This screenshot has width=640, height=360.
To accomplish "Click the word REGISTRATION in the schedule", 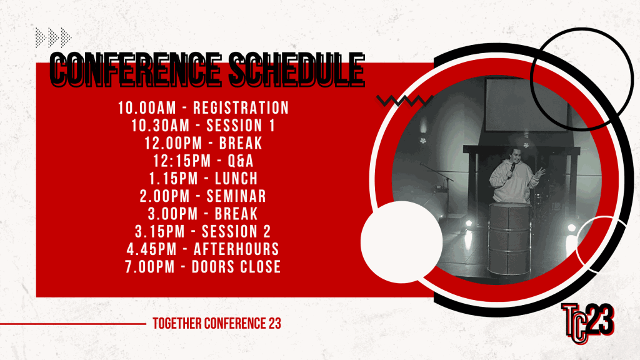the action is click(x=241, y=108).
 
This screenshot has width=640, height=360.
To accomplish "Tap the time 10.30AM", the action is click(x=161, y=126).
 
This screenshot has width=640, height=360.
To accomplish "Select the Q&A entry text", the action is click(x=241, y=161).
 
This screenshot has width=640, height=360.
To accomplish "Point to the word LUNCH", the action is click(x=236, y=179).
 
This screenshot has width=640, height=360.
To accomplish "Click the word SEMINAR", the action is click(x=236, y=196).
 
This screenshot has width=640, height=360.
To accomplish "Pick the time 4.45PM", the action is click(x=151, y=249).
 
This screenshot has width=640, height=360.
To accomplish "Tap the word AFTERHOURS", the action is click(x=236, y=249).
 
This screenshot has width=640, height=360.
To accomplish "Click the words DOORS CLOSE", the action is click(x=236, y=267).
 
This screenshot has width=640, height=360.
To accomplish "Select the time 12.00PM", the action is click(x=174, y=143).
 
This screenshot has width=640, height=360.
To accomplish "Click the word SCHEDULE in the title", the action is click(x=296, y=69).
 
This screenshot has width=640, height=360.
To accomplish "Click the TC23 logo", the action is click(x=587, y=323).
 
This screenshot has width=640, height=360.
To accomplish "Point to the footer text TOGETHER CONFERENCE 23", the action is click(x=217, y=324).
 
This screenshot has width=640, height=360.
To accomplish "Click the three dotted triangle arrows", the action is click(x=54, y=38).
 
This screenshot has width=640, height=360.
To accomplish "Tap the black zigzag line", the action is click(x=404, y=101).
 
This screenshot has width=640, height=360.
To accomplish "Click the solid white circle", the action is click(x=402, y=242).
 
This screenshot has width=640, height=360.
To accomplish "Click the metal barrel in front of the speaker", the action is click(x=509, y=239).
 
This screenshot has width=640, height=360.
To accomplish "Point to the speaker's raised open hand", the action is click(x=539, y=173).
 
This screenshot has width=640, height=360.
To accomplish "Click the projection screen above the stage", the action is click(x=526, y=104).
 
